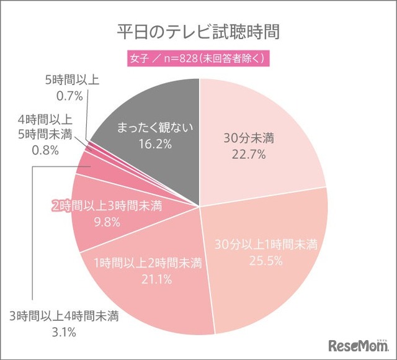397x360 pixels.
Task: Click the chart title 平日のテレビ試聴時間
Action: [198, 32]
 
